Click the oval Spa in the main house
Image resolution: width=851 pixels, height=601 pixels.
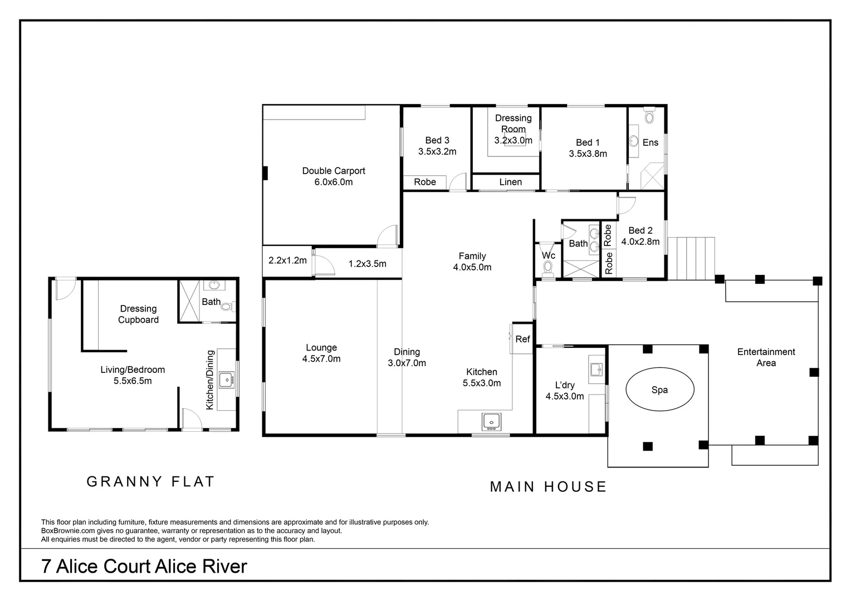659,390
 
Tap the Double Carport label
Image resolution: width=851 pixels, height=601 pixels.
334,171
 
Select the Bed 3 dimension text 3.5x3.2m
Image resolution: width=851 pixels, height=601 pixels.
437,151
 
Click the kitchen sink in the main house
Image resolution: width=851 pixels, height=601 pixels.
491,421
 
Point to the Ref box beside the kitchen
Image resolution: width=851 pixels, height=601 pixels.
522,339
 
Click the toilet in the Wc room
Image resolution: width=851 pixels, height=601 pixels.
547,268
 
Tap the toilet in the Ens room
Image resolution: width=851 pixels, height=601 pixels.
649,116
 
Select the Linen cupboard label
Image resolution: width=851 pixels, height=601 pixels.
510,182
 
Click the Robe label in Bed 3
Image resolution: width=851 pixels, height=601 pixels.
425,182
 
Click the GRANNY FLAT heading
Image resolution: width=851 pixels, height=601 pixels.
150,481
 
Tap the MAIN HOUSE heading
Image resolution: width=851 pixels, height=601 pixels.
548,486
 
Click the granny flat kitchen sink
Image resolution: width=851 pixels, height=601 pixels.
226,380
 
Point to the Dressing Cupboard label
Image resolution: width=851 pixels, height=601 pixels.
138,314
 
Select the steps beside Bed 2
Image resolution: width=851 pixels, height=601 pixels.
691,258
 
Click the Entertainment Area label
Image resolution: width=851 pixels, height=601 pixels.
766,357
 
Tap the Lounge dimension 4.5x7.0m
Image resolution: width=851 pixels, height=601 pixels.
321,359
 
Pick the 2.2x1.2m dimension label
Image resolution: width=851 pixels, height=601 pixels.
287,260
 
